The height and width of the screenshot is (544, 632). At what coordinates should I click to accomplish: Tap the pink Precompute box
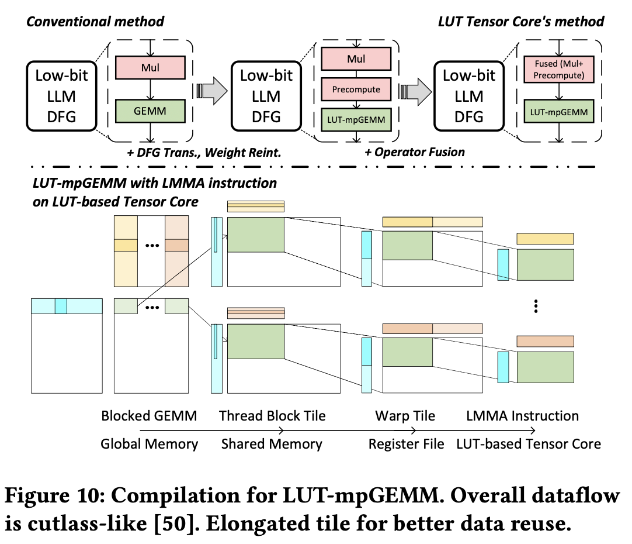[356, 89]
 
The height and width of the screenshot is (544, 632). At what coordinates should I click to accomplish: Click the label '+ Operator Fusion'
[415, 152]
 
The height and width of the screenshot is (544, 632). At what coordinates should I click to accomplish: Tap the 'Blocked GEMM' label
[149, 416]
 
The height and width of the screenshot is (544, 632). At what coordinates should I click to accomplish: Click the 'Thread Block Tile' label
[272, 416]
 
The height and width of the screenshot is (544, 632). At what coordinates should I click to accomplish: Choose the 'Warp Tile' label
[405, 416]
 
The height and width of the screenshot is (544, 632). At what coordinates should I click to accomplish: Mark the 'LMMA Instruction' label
[522, 416]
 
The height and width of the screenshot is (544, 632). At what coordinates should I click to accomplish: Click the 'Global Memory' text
[149, 444]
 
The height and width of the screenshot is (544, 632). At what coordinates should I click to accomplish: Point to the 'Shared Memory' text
[272, 444]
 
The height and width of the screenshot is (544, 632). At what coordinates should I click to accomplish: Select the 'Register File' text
[407, 444]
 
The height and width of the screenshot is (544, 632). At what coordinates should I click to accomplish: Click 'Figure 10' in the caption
[51, 497]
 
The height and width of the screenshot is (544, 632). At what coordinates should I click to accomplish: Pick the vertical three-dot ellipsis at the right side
[536, 307]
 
